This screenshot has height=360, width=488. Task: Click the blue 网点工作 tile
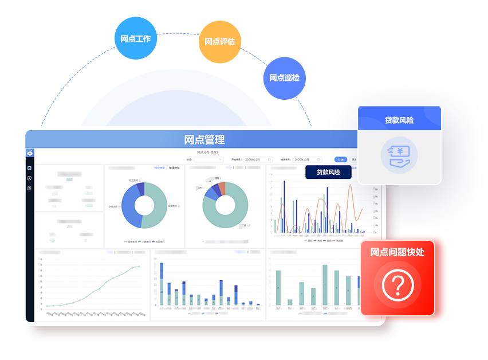(136, 38)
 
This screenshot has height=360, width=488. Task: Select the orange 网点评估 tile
(220, 42)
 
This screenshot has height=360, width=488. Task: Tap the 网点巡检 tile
(284, 78)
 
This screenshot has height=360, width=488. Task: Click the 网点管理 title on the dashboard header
(204, 139)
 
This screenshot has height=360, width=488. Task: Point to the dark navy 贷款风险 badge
(328, 172)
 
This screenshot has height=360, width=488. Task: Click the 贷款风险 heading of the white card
(399, 120)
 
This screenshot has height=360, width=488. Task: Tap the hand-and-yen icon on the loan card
(399, 157)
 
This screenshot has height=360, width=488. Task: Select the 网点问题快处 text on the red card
(398, 251)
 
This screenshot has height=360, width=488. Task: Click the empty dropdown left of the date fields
(208, 159)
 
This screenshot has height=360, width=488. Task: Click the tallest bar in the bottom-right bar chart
(325, 284)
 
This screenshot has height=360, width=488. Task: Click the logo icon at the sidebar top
(30, 153)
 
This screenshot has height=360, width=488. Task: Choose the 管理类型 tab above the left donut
(174, 168)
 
